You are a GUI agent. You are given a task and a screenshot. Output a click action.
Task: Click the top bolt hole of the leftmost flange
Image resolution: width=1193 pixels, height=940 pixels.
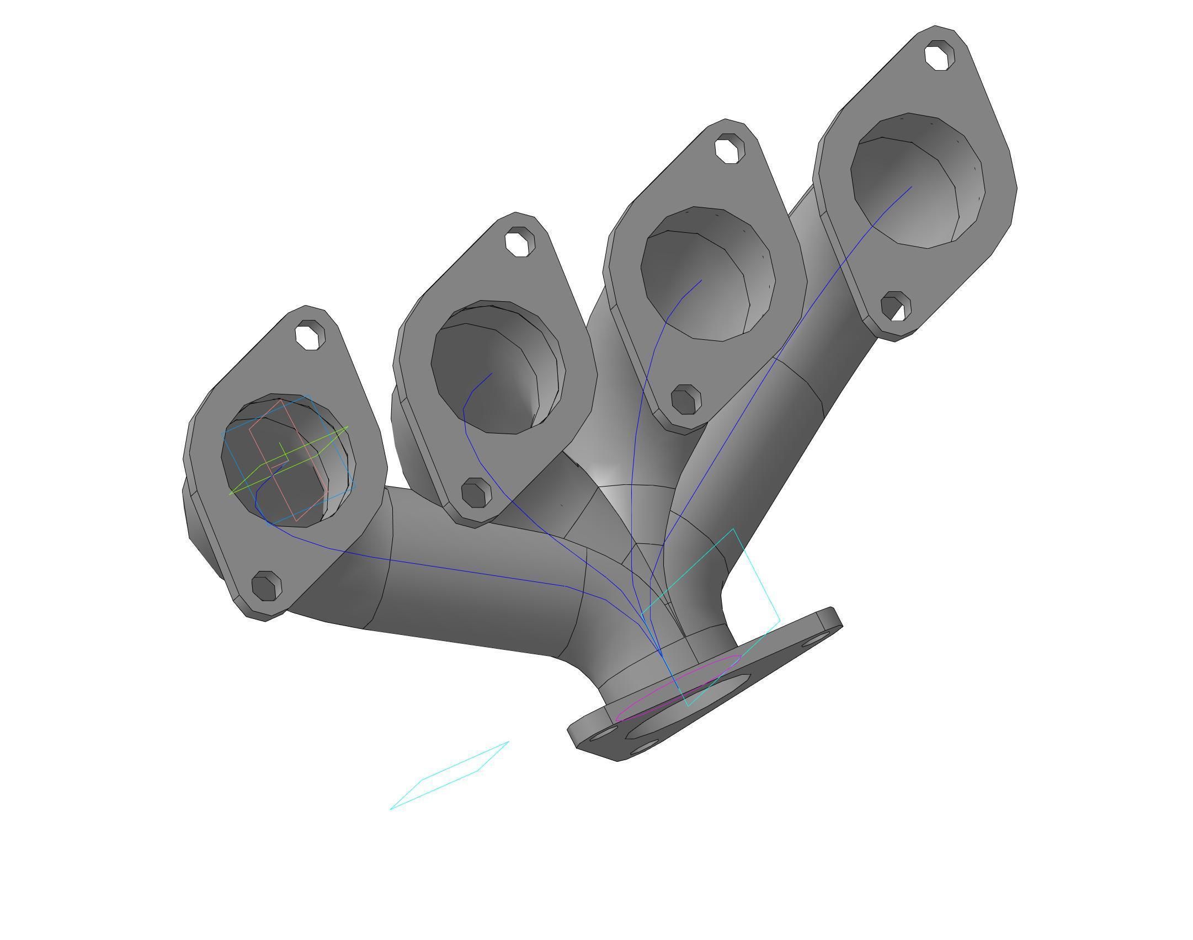point(310,335)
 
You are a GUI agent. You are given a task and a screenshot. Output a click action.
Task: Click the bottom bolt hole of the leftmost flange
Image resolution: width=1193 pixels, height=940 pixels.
point(267,586)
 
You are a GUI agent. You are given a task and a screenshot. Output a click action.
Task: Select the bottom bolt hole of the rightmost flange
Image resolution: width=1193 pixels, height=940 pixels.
point(896,307)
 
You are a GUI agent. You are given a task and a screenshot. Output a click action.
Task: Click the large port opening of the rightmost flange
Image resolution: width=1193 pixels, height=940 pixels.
point(916,182)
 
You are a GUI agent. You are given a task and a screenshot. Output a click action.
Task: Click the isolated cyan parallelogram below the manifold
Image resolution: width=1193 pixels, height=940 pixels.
point(450,775)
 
